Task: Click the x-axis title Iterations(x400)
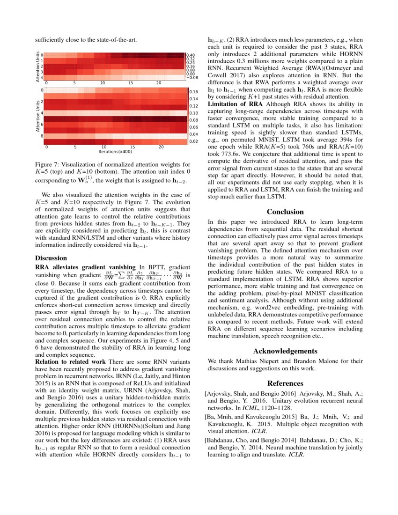[115, 151]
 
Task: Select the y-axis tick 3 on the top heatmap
[42, 72]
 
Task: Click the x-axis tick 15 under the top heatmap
[131, 83]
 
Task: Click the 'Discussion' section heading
[51, 258]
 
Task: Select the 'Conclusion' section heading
[285, 212]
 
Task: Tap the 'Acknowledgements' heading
[285, 351]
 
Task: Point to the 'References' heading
[285, 383]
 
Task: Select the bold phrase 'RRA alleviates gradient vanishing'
[85, 266]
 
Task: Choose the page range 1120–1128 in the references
[279, 408]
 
